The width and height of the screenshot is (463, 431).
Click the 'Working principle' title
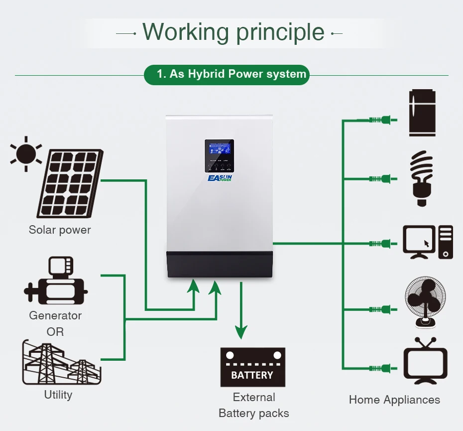[x=233, y=32]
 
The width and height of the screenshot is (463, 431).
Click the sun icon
[x=26, y=153]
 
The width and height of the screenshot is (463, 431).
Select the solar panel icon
[x=71, y=184]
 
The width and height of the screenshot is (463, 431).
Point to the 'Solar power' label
[x=60, y=230]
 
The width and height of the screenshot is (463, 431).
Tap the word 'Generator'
[x=55, y=315]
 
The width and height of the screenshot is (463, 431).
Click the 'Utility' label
[x=58, y=395]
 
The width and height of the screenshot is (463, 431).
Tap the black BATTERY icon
[x=253, y=367]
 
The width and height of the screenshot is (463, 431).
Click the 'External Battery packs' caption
[x=254, y=405]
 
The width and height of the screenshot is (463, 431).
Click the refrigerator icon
[x=422, y=113]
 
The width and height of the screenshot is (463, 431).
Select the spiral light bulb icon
[x=421, y=178]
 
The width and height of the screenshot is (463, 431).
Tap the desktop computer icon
[x=428, y=242]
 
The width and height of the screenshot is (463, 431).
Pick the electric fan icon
[x=425, y=302]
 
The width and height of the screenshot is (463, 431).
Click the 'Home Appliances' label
[x=394, y=400]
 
